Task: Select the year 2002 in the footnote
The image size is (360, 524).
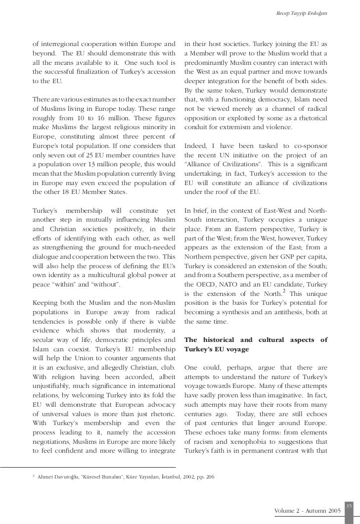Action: point(192,477)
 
